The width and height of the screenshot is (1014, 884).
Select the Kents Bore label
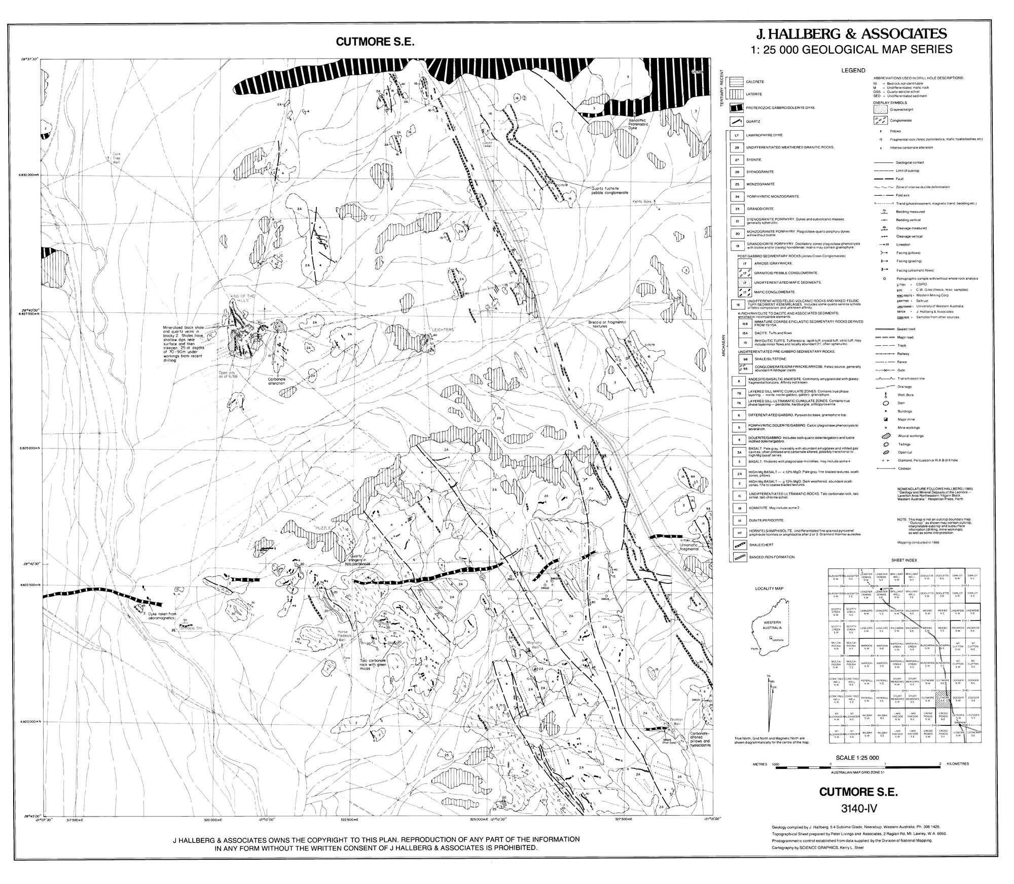(641, 201)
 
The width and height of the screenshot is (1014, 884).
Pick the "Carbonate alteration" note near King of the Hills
(277, 380)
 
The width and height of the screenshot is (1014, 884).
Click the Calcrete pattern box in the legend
(736, 82)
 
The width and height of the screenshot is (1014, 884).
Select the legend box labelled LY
(736, 135)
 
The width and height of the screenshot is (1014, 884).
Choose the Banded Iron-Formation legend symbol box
(736, 557)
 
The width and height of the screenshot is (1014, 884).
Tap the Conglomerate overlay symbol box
(880, 120)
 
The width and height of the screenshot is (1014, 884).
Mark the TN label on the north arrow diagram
(769, 677)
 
